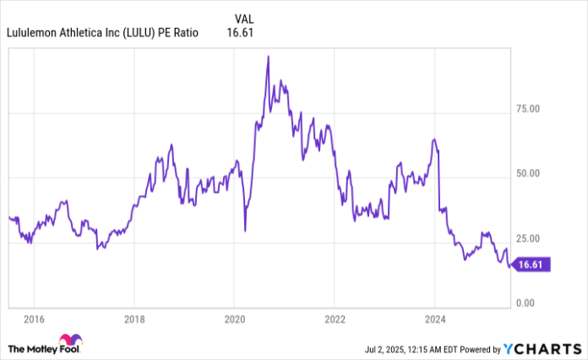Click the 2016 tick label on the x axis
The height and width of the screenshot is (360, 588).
(34, 319)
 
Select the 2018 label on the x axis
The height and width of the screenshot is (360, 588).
(134, 319)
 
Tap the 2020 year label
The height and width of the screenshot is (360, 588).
(234, 319)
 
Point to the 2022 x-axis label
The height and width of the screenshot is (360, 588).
(335, 319)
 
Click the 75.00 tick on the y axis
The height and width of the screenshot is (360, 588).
(529, 108)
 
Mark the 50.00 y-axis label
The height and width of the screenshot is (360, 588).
(529, 173)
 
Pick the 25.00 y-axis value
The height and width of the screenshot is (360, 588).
(529, 238)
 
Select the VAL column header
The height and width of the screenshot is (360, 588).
(242, 18)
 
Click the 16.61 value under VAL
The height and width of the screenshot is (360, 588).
(240, 33)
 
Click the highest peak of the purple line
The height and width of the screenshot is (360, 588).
(268, 57)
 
